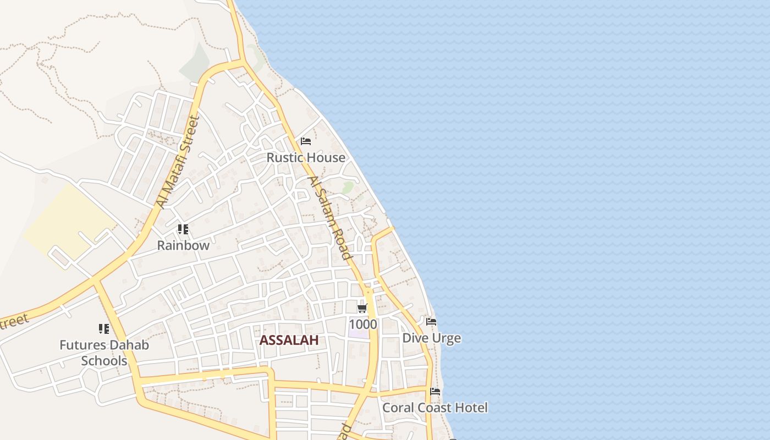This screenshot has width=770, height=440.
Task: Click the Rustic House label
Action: [306, 157]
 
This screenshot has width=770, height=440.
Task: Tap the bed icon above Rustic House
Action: [306, 141]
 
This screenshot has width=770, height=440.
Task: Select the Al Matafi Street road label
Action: [178, 162]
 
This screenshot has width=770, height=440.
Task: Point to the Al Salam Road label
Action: [329, 218]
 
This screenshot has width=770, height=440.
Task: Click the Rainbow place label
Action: [183, 245]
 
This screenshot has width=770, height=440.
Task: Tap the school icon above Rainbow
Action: [183, 229]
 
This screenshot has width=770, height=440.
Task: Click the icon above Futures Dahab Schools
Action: [104, 329]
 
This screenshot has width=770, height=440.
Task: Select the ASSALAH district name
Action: [289, 340]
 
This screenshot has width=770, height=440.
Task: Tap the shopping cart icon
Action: [362, 309]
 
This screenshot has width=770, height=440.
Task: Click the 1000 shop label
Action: [363, 324]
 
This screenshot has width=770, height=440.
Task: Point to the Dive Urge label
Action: [432, 338]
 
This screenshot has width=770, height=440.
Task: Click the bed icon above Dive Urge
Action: [432, 321]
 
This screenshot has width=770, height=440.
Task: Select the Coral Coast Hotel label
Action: [435, 408]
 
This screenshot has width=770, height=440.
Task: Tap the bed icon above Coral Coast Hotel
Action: [435, 392]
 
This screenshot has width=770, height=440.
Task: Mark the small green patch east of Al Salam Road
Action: [348, 188]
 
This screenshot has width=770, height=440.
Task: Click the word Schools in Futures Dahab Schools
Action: [104, 361]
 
